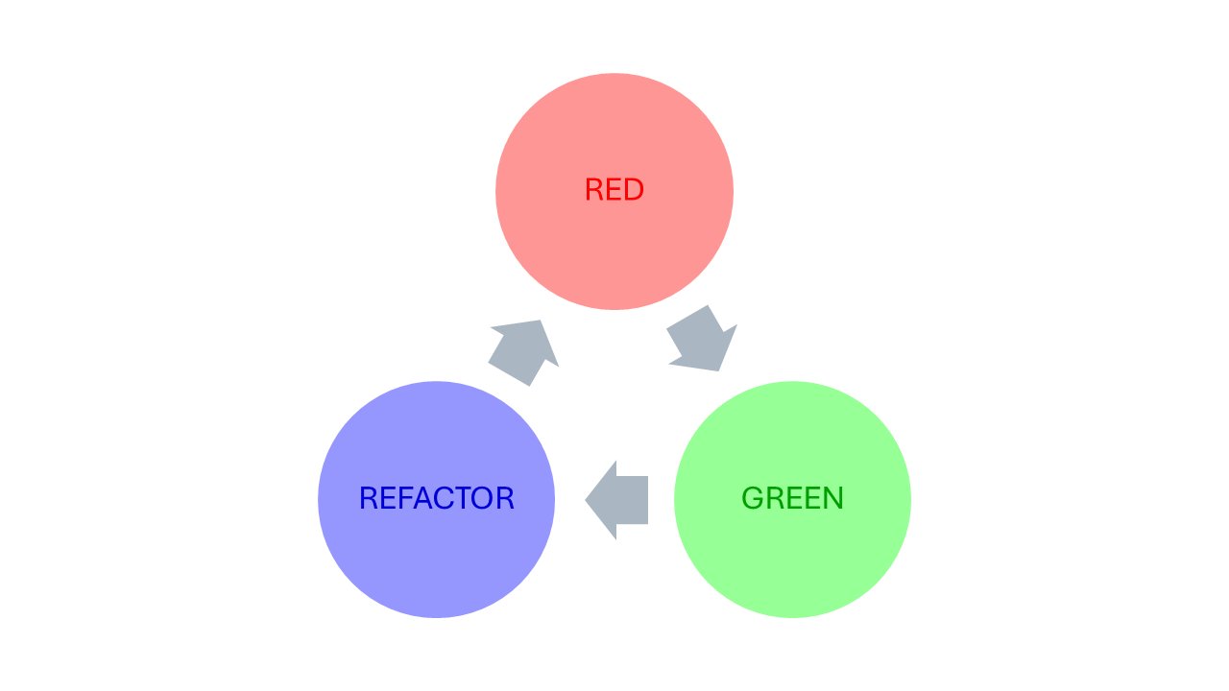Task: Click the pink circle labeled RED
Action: point(614,240)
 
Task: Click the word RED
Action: point(614,190)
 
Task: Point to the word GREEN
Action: point(792,499)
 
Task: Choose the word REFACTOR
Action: point(437,499)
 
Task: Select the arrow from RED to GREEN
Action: point(701,339)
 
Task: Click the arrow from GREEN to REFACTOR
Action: point(619,500)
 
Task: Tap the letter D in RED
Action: point(633,190)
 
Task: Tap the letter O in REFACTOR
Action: point(486,499)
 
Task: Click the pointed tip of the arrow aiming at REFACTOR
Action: point(587,500)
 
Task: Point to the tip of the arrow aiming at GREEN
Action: point(718,369)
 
